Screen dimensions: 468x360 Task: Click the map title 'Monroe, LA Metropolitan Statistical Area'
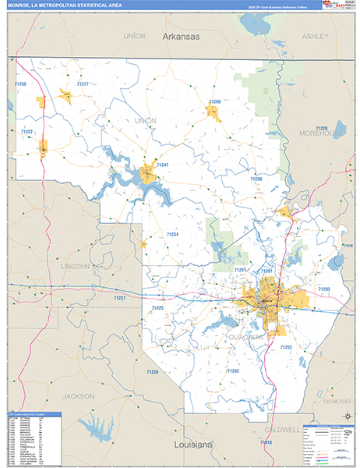66,5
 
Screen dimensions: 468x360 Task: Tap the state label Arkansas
182,37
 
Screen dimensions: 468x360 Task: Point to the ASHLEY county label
315,36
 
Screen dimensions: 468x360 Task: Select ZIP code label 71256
20,84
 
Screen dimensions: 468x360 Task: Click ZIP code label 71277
83,83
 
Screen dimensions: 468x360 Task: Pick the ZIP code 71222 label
26,132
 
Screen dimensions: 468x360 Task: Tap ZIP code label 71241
162,165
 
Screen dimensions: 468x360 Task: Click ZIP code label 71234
172,234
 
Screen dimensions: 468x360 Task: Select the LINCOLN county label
75,265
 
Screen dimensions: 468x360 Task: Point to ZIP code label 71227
118,298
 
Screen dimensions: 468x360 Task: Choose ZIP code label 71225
157,308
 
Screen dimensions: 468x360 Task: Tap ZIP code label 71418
266,443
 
